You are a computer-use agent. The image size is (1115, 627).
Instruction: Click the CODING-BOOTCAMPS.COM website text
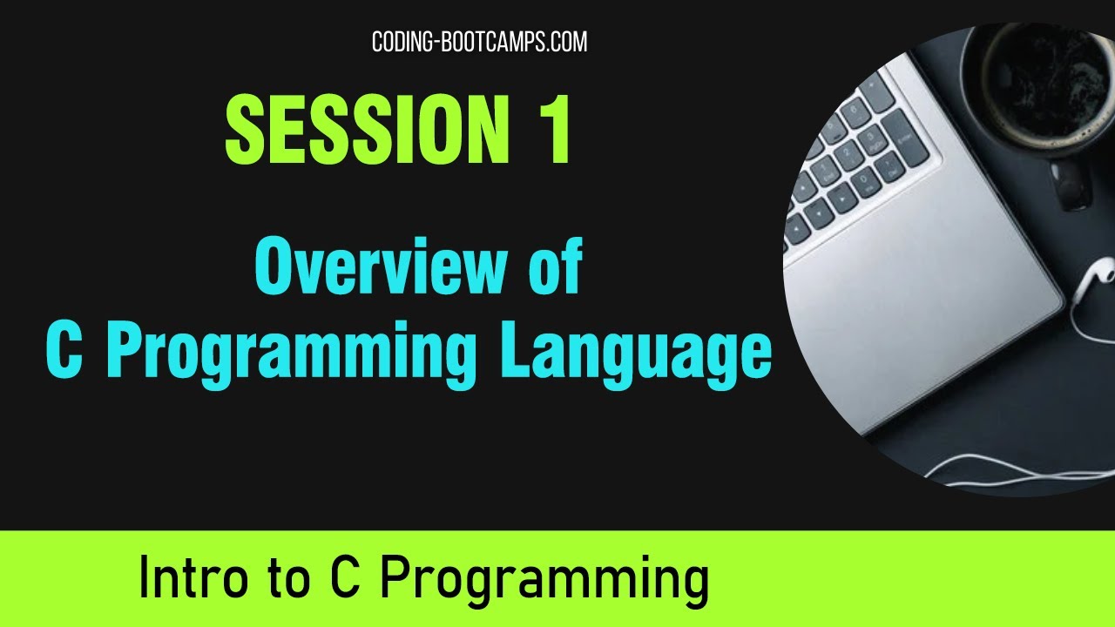479,41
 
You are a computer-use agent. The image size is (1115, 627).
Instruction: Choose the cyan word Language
635,353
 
